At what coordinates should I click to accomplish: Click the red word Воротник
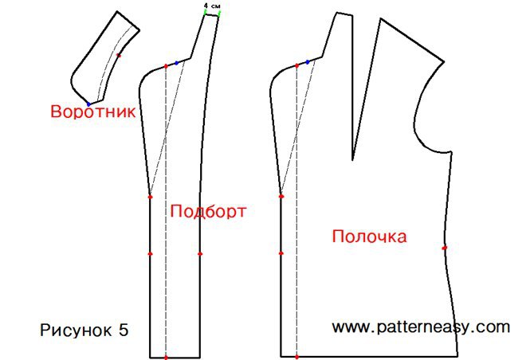(x=93, y=112)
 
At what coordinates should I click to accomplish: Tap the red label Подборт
(x=208, y=211)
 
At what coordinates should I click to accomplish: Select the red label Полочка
(x=369, y=237)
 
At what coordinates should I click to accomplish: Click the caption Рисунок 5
(x=84, y=330)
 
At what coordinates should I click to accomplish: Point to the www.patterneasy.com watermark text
(x=421, y=327)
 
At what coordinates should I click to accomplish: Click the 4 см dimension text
(x=212, y=6)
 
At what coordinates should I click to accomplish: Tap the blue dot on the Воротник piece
(x=89, y=104)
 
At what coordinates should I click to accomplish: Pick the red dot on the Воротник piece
(x=118, y=55)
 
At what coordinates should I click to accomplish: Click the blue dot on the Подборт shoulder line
(x=176, y=63)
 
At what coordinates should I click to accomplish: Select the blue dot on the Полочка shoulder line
(x=308, y=62)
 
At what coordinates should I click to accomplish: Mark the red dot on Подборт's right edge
(x=200, y=253)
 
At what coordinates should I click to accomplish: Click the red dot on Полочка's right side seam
(x=445, y=248)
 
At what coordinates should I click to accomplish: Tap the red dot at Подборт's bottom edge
(x=166, y=357)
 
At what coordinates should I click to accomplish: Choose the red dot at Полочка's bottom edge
(x=296, y=357)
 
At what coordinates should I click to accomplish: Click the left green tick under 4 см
(x=205, y=12)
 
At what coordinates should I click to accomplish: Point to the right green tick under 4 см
(x=219, y=14)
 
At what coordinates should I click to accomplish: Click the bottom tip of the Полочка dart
(x=352, y=160)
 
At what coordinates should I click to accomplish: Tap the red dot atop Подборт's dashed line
(x=166, y=66)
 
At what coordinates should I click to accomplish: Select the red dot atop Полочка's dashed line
(x=296, y=65)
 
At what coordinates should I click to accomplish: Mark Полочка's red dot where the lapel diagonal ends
(x=281, y=196)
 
